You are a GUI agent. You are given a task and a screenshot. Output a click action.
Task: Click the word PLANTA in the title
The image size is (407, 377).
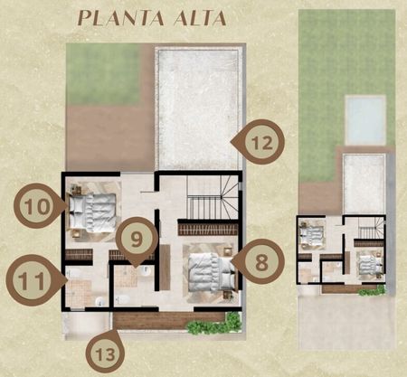tap(121, 18)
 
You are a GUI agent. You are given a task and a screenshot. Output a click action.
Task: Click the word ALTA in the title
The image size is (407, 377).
tap(200, 18)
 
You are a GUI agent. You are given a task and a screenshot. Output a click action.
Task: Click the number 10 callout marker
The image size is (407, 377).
tap(38, 206)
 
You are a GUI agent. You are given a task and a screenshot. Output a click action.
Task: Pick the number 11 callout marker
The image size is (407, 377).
tap(33, 280)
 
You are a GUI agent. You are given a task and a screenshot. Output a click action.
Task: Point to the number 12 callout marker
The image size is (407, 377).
tap(260, 142)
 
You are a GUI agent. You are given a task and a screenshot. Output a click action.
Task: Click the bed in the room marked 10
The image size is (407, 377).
tap(92, 212)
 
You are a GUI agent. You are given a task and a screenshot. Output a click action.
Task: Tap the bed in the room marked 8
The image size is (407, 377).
tap(211, 272)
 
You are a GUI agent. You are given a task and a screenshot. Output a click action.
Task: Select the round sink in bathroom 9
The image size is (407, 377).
tap(146, 270)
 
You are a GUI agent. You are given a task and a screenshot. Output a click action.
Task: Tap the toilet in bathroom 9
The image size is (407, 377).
tap(123, 299)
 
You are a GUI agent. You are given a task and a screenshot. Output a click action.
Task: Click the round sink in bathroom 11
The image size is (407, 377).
tap(99, 301)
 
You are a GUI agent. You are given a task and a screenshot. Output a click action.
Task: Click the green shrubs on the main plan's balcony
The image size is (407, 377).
tap(215, 324)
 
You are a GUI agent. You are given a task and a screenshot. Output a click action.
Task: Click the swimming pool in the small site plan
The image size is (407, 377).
tap(365, 119)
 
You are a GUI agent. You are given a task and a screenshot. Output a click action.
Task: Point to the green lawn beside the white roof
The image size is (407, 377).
tap(104, 74)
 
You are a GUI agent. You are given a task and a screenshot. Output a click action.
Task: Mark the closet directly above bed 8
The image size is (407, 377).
tap(208, 228)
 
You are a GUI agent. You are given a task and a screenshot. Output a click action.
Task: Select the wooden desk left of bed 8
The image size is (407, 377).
tap(166, 267)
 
